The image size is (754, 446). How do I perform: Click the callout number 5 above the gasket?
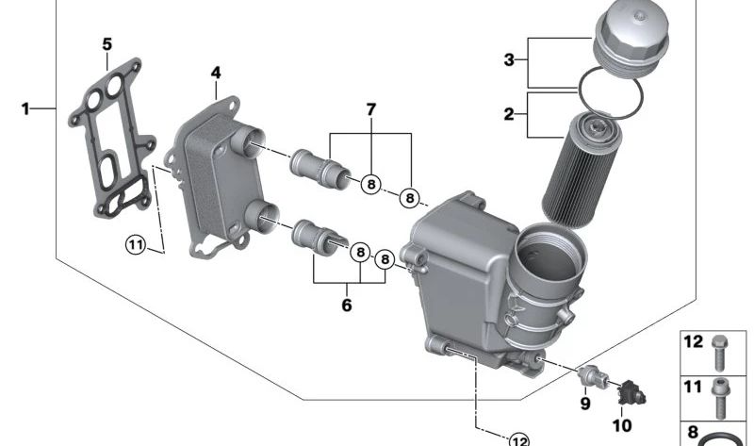point(107,44)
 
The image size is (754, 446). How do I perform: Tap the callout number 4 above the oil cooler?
point(216,73)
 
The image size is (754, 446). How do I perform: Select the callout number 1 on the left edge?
point(25,108)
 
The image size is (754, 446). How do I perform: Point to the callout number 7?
point(370,109)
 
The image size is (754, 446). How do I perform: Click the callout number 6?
point(347,305)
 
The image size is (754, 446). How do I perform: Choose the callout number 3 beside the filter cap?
point(509,60)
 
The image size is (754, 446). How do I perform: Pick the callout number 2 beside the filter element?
point(509,114)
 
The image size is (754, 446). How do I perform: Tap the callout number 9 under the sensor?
point(585,403)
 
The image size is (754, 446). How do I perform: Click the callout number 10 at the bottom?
point(621,425)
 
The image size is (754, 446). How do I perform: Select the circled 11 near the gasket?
point(136,245)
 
